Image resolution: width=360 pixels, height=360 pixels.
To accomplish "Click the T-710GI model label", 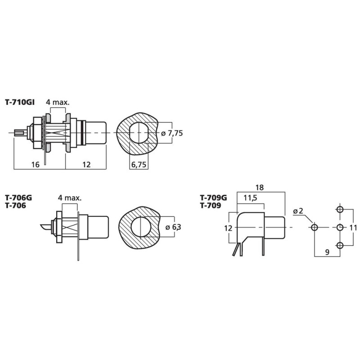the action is coord(20,102).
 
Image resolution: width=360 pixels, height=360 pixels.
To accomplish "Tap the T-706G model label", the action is coord(18,198).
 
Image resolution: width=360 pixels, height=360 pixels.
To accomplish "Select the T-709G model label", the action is coord(213,198).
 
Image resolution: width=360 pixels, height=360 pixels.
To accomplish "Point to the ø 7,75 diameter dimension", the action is coord(172,133).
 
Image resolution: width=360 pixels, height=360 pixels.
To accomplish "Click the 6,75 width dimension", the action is coord(139,165).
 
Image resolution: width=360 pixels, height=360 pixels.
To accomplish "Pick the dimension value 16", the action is coord(36,164).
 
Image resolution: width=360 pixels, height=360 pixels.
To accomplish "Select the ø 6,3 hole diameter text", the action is coord(173,227).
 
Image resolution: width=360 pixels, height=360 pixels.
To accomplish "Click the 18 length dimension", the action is coord(260,188).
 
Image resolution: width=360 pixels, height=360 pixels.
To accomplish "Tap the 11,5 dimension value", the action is coord(250,198).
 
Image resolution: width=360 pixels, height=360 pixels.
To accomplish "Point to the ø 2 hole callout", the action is coord(298,211).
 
